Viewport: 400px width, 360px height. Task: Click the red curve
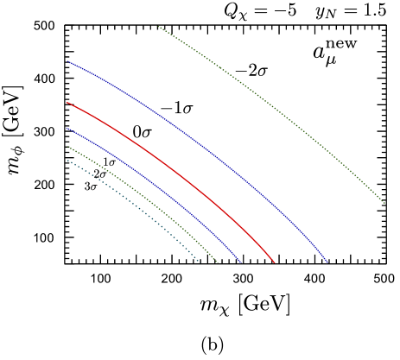[x=173, y=168]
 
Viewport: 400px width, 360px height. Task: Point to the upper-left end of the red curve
[x=67, y=104]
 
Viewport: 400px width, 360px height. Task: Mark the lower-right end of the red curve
[x=274, y=262]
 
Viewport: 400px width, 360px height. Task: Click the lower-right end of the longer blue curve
[x=328, y=262]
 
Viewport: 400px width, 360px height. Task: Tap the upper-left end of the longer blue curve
[x=70, y=62]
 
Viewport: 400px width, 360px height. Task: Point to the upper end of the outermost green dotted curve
[x=159, y=28]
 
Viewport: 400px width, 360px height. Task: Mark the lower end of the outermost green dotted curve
[x=384, y=204]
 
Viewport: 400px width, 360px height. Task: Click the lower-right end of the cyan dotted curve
[x=200, y=262]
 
